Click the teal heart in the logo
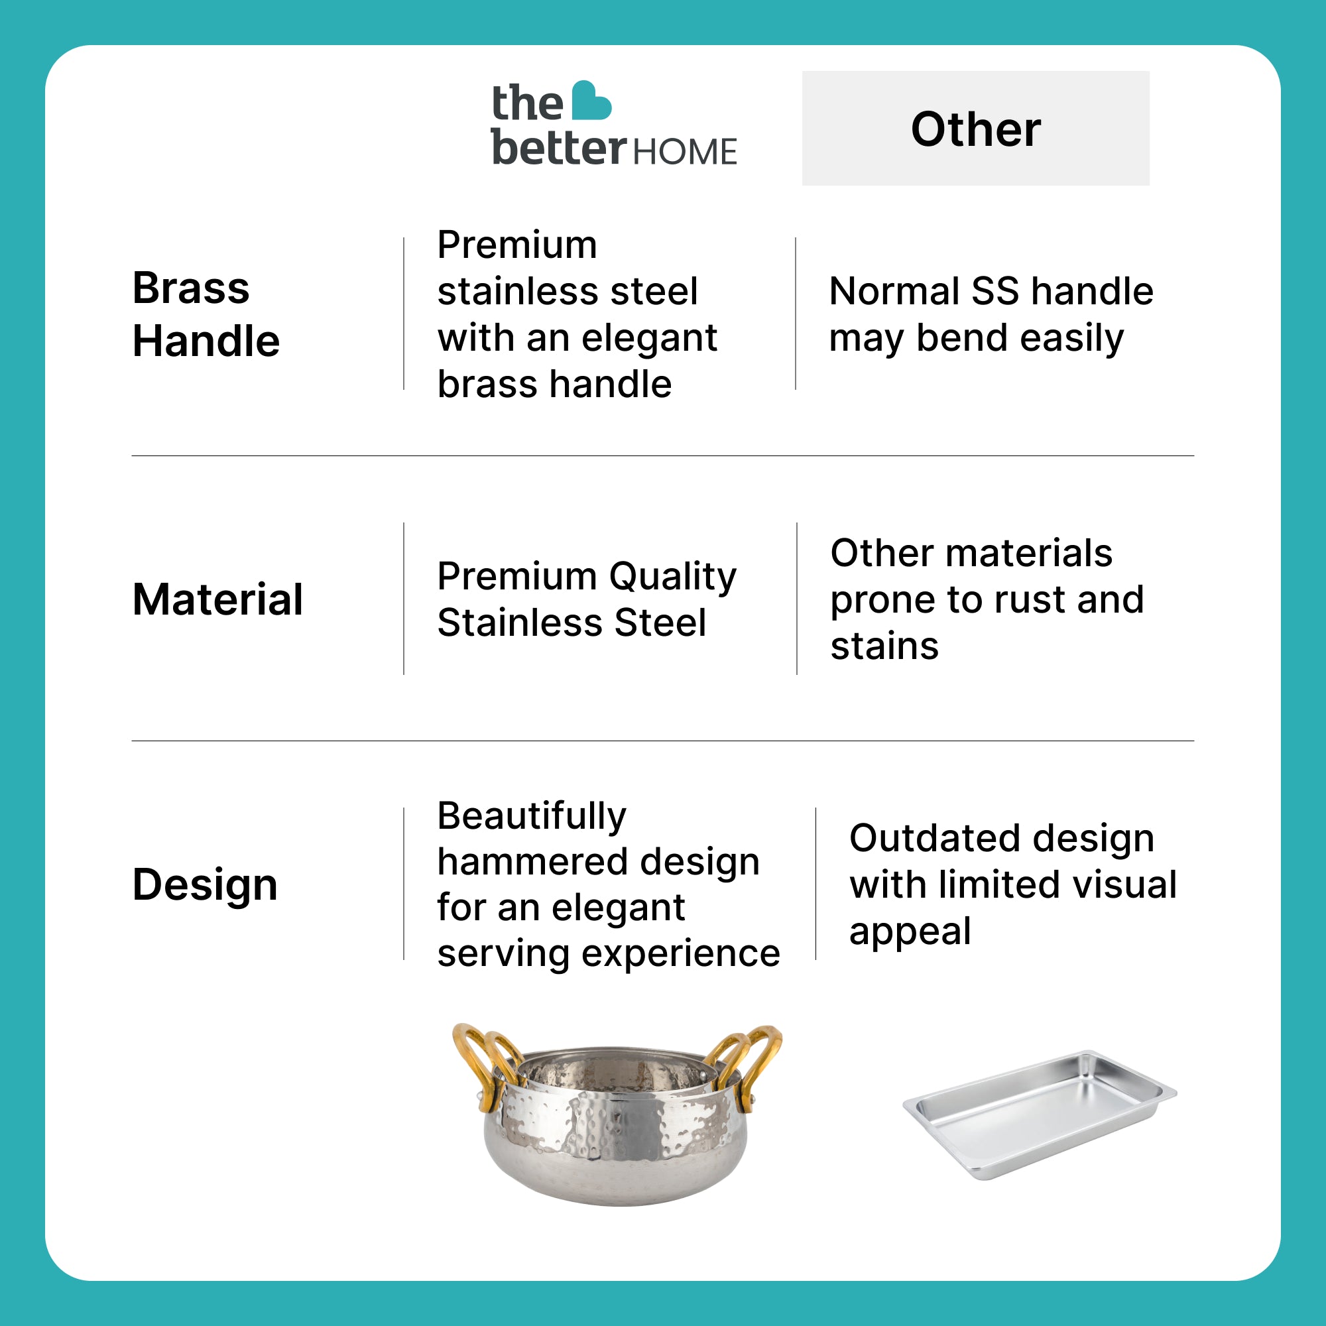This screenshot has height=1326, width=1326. click(590, 101)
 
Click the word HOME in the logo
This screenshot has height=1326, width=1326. click(684, 152)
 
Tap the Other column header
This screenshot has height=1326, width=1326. click(975, 129)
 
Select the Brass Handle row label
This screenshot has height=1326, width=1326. click(206, 314)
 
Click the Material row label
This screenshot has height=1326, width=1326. click(217, 599)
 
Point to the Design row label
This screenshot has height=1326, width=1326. click(206, 884)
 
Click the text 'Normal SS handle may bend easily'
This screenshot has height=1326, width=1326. click(991, 315)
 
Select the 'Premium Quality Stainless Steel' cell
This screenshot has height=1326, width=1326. click(587, 599)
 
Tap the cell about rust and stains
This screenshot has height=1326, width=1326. click(987, 599)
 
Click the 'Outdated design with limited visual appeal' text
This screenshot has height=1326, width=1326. click(1013, 884)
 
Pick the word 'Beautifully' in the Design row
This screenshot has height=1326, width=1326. click(532, 816)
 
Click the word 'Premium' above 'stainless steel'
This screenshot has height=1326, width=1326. click(517, 245)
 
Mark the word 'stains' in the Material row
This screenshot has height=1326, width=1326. click(884, 646)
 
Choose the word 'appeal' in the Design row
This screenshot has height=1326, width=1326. click(910, 932)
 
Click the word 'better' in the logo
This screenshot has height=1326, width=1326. click(559, 147)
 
